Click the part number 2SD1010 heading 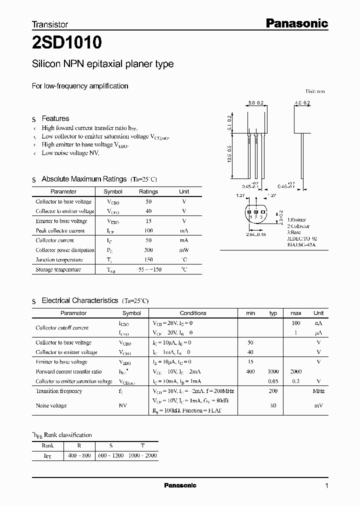point(67,43)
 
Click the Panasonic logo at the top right point(296,23)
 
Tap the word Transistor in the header point(50,24)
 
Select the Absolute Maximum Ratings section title point(84,179)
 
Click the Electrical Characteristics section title point(79,300)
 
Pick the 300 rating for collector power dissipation point(148,250)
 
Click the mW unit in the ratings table point(184,250)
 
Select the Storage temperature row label point(58,269)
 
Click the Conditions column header point(193,313)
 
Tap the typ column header point(273,313)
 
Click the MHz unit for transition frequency point(318,391)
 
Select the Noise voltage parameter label point(51,405)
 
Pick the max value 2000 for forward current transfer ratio point(295,371)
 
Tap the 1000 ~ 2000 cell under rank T point(142,455)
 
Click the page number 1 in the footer point(326,485)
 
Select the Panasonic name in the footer point(180,485)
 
